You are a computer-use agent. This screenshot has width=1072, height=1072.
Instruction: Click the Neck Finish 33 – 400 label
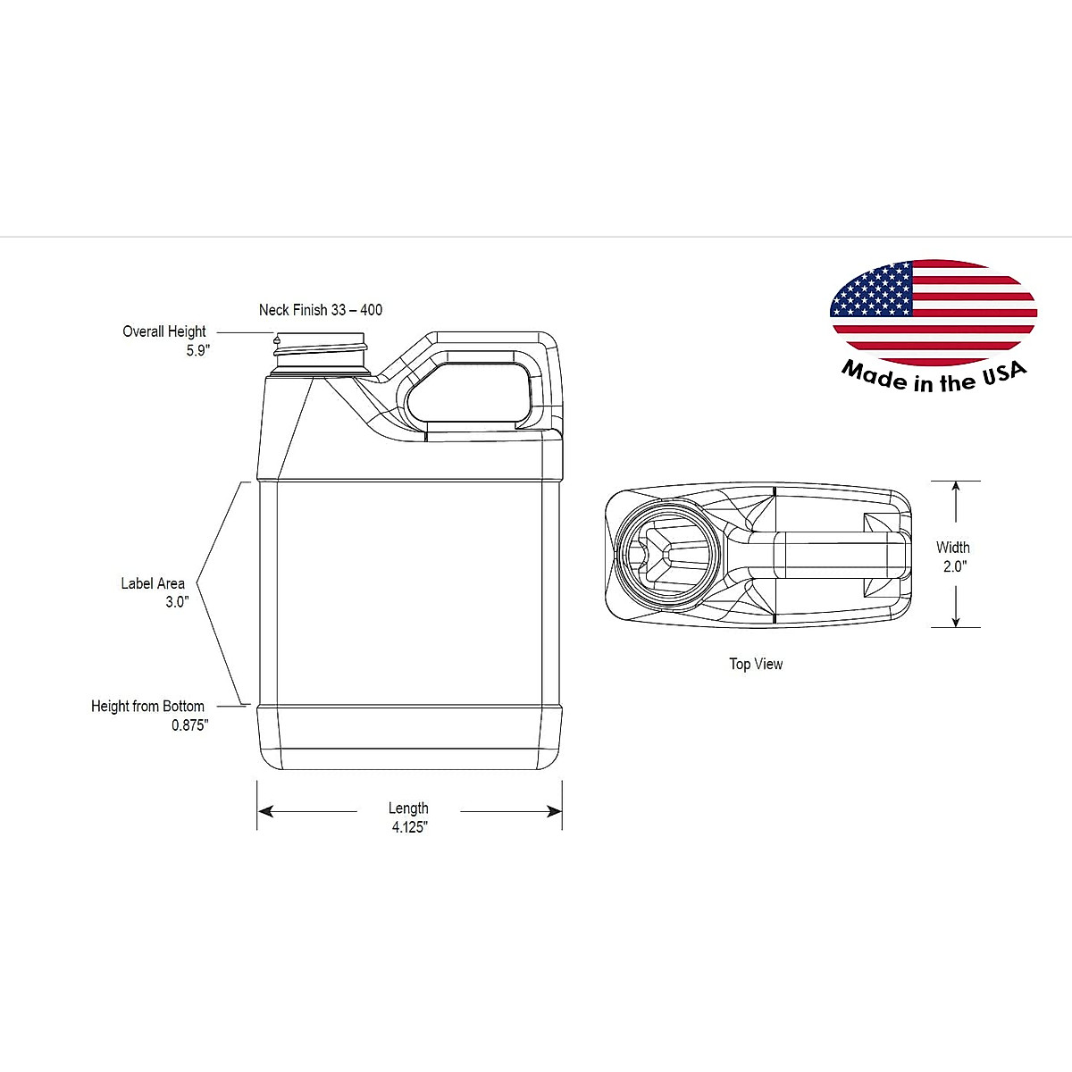click(321, 310)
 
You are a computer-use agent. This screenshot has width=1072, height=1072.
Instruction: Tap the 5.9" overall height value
click(198, 350)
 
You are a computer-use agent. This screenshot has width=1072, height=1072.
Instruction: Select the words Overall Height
click(164, 331)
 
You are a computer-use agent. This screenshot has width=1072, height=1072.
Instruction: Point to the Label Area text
click(153, 583)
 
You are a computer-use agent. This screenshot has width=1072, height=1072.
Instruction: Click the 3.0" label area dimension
click(178, 602)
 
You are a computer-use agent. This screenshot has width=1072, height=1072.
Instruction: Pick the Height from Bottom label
click(147, 706)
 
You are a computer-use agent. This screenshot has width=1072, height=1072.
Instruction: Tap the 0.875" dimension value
click(189, 724)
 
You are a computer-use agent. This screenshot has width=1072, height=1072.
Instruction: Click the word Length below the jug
click(408, 808)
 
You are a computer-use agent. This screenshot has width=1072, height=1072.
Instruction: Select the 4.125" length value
click(409, 827)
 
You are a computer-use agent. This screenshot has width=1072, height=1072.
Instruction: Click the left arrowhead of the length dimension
click(266, 812)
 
